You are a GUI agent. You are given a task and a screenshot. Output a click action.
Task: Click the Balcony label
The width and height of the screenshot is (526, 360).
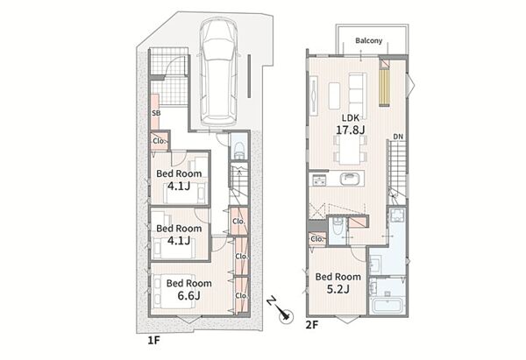369,40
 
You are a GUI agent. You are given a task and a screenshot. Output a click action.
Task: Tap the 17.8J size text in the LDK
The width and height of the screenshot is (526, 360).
350,130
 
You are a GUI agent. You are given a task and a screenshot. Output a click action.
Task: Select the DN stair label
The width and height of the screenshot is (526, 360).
398,137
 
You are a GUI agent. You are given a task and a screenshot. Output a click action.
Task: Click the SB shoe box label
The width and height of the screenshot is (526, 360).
156,113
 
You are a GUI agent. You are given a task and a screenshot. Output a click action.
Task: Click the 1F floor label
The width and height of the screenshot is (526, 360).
154,341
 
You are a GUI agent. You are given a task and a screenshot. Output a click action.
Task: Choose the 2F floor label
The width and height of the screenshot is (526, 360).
311,325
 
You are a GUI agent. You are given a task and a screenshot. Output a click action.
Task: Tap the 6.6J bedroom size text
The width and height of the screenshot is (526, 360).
188,295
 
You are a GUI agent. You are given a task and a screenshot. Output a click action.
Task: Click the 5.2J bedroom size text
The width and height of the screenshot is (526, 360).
338,288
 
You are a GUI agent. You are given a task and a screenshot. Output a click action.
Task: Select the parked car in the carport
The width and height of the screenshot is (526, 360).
219,73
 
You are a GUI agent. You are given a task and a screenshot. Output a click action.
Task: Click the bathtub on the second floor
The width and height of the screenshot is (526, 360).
388,305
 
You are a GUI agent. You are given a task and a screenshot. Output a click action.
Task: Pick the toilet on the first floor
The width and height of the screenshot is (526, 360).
239,150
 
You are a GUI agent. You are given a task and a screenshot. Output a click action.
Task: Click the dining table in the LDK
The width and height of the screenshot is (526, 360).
350,150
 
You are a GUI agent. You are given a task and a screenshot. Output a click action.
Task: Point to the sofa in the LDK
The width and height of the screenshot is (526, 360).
358,93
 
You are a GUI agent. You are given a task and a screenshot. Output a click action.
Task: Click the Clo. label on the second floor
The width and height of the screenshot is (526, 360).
317,239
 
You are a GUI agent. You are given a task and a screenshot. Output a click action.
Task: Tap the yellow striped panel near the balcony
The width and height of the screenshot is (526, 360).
385,87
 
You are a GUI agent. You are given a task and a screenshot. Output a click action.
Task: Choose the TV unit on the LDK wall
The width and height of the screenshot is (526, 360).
314,95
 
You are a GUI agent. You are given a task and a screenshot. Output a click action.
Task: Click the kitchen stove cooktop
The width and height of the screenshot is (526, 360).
318,180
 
